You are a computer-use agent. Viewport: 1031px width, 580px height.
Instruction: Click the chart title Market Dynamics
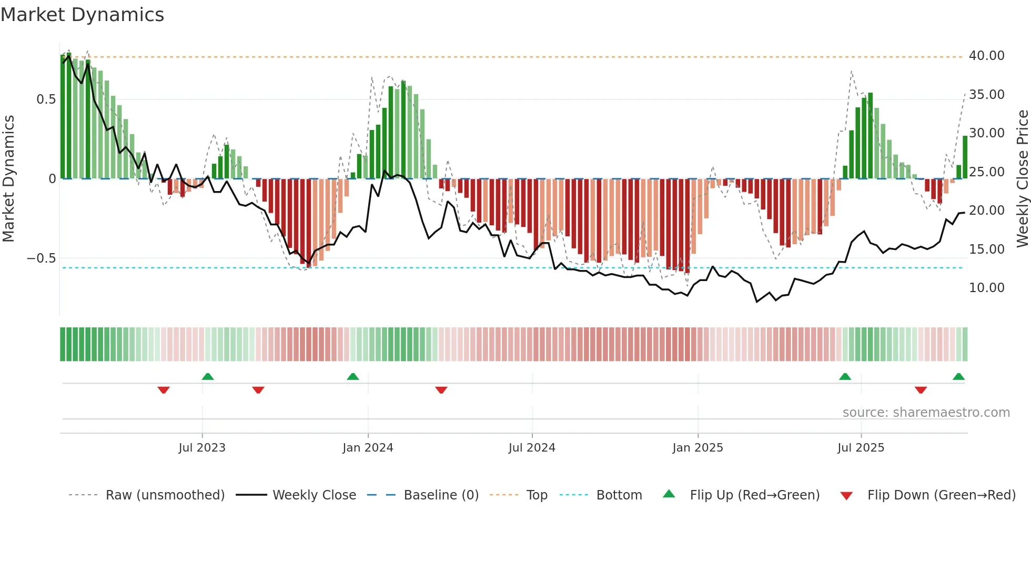pyautogui.click(x=83, y=15)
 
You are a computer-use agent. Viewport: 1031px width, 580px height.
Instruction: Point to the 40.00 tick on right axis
pyautogui.click(x=986, y=56)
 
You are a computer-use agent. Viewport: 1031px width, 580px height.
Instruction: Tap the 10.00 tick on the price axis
pyautogui.click(x=986, y=288)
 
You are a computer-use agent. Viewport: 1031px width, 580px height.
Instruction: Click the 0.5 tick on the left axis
pyautogui.click(x=46, y=99)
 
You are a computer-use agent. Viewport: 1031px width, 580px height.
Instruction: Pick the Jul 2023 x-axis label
pyautogui.click(x=202, y=448)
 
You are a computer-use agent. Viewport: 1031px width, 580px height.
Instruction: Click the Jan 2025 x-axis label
pyautogui.click(x=698, y=448)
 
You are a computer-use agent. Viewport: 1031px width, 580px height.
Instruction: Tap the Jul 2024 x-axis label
pyautogui.click(x=532, y=448)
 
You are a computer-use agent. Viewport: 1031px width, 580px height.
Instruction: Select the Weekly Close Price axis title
pyautogui.click(x=1022, y=178)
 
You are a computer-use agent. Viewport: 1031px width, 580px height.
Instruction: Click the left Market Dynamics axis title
pyautogui.click(x=9, y=178)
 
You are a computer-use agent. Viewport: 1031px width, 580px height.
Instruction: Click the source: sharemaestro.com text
pyautogui.click(x=926, y=413)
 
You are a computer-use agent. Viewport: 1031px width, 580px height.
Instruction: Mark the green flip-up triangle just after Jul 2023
pyautogui.click(x=208, y=377)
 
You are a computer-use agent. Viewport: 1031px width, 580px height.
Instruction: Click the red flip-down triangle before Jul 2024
pyautogui.click(x=441, y=390)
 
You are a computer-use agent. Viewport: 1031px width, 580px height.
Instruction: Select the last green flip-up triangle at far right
pyautogui.click(x=958, y=377)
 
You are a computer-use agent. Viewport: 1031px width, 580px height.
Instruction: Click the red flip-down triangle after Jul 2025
pyautogui.click(x=921, y=390)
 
